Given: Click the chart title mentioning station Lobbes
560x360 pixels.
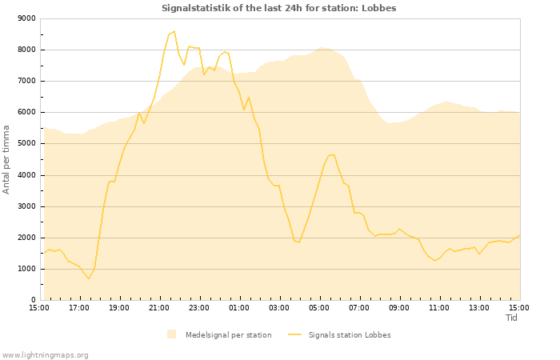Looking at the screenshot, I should point(278,8).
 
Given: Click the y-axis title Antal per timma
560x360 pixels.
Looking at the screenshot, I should point(6,159).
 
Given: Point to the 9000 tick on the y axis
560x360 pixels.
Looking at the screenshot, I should point(26,18).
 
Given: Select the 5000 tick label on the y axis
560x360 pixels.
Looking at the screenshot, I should point(26,144).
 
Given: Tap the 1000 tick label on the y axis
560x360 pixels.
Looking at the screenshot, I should point(26,269).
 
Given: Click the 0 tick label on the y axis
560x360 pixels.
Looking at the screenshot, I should point(33,300).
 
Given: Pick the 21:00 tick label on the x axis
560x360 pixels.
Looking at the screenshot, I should point(159,307).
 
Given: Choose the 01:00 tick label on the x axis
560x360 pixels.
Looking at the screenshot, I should point(239,307).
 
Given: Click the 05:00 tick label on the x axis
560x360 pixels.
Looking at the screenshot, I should point(319,307).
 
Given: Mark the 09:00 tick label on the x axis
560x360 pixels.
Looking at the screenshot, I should point(399,307).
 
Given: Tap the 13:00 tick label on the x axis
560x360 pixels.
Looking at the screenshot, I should point(479,307).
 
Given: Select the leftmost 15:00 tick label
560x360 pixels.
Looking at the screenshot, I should point(39,307).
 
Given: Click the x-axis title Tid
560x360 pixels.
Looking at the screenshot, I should point(512,318).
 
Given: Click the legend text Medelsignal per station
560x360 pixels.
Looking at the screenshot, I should point(228,335).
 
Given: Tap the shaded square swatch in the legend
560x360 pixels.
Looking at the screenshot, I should point(171,334).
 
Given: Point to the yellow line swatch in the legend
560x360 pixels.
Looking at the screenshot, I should point(295,335).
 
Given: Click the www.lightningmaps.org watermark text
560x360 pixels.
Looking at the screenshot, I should point(45,354).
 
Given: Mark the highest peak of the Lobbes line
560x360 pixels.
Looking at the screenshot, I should point(174,32).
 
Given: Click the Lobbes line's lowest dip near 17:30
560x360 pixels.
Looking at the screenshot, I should point(89,278).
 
